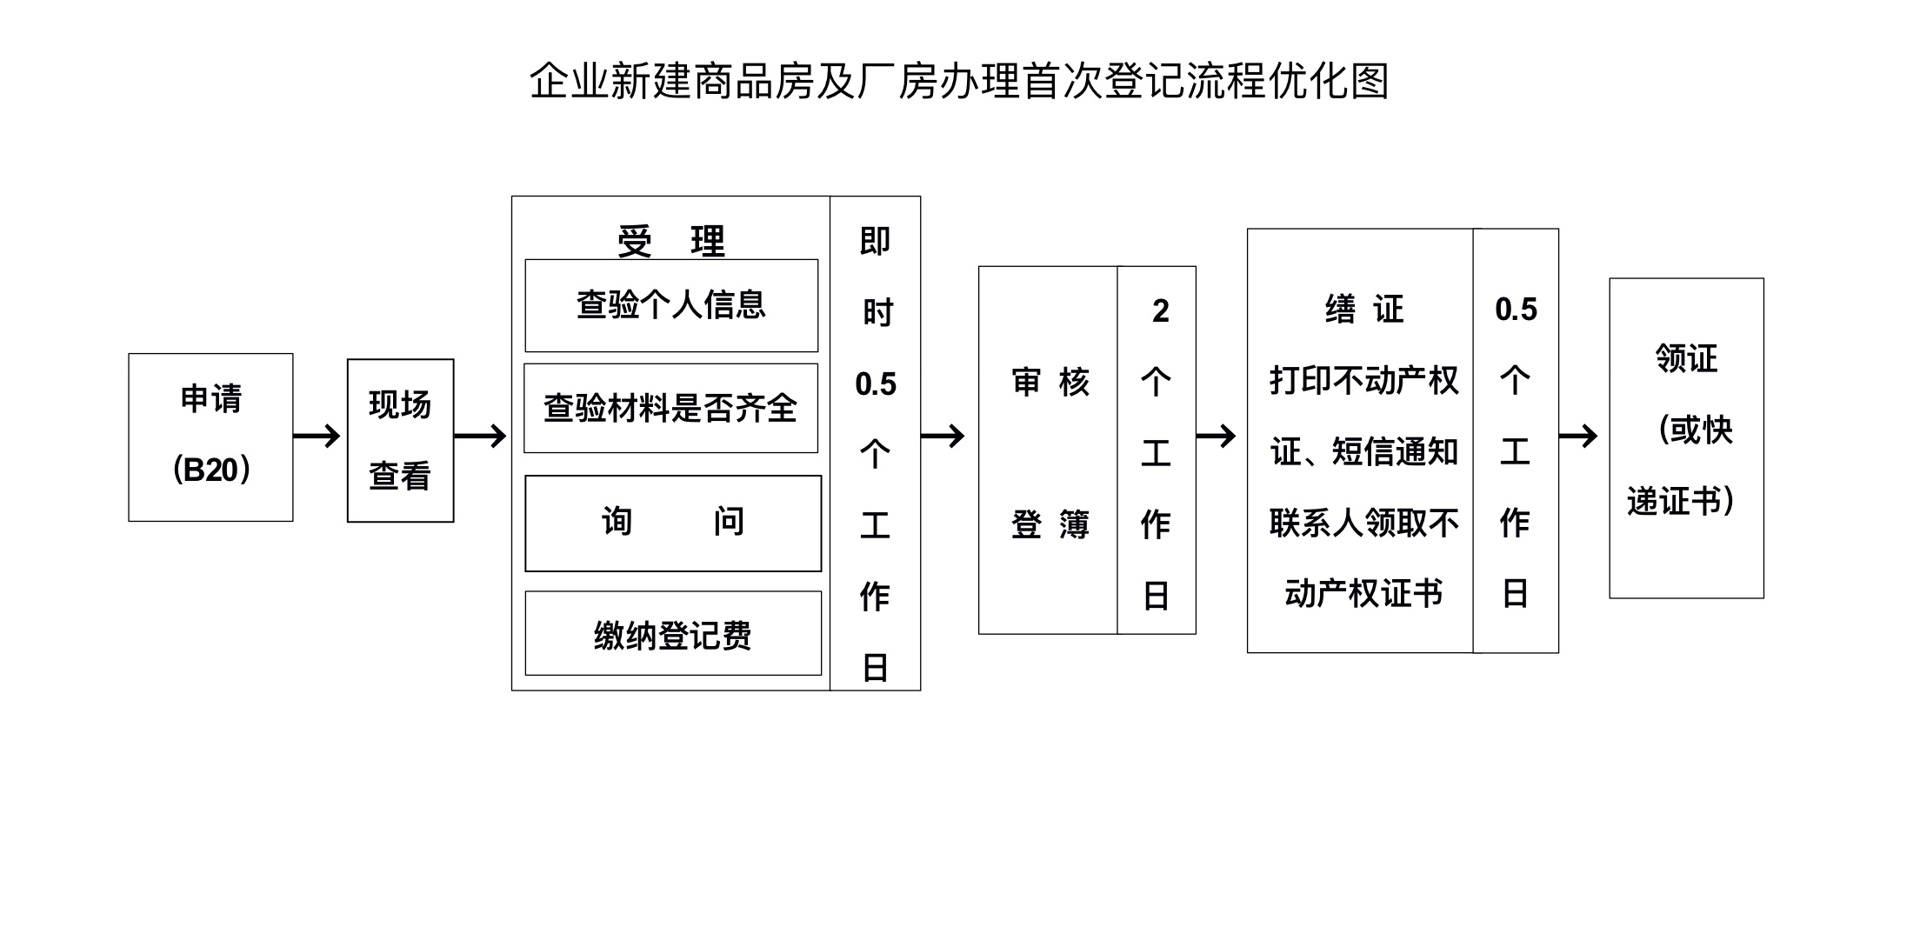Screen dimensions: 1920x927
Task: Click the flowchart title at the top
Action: pos(959,81)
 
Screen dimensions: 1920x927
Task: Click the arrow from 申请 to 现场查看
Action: pos(317,436)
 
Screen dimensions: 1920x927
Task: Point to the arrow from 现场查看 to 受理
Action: pos(480,436)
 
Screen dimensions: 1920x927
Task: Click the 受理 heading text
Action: pos(671,241)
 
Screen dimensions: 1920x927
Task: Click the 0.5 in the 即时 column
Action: pos(876,383)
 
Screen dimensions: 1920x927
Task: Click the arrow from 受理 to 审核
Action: pos(943,436)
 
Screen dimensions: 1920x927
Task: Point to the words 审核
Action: pos(1050,382)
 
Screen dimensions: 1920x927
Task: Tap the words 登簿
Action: pos(1050,524)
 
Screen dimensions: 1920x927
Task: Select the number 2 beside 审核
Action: pos(1161,310)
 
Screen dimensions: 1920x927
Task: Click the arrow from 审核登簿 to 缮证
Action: pos(1217,436)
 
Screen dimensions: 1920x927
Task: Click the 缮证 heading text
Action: pos(1364,309)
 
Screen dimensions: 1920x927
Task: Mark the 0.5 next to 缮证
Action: pos(1516,310)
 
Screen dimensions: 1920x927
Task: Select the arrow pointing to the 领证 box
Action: pos(1578,436)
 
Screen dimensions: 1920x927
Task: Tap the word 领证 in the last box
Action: pos(1686,357)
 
